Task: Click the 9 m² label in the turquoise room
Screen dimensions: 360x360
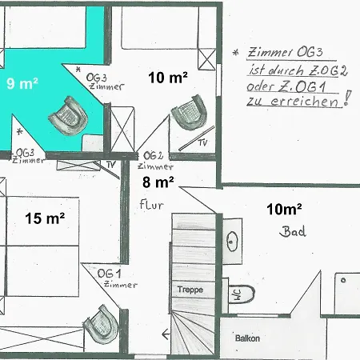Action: pos(22,83)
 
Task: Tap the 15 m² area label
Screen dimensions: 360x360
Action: pos(45,218)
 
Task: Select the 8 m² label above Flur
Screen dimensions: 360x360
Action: pos(158,182)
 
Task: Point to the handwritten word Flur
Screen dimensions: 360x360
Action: pos(151,205)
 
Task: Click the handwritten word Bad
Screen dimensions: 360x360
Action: pos(293,231)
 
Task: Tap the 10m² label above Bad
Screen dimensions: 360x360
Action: pos(284,209)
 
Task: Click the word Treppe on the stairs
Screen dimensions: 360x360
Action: pos(190,290)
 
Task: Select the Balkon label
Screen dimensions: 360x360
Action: pos(247,338)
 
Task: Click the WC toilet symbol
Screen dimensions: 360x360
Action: pos(242,294)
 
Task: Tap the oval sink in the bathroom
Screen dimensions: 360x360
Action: pos(231,242)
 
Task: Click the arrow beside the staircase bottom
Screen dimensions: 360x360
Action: pos(166,334)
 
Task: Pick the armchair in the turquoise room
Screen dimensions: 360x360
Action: pos(68,116)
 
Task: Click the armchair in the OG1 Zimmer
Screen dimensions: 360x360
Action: pos(102,324)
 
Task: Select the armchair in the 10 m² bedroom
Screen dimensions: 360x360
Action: pos(190,112)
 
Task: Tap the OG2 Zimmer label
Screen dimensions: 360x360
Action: pos(155,161)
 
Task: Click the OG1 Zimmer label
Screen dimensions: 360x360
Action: pos(118,278)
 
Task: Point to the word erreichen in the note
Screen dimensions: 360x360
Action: pos(304,102)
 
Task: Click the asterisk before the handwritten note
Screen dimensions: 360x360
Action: pos(235,53)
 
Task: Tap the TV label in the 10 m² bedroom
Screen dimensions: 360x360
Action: pos(202,143)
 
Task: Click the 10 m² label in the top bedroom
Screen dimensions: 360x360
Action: pos(168,78)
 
